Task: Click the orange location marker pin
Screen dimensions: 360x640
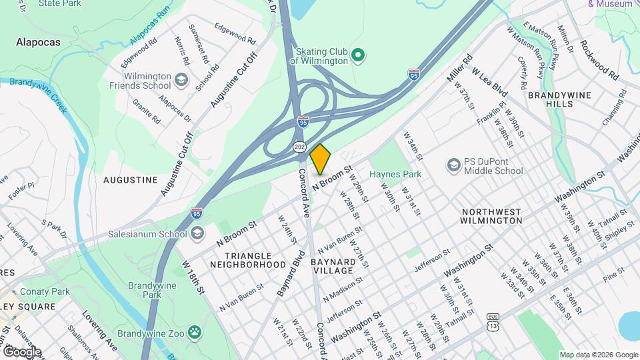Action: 321,159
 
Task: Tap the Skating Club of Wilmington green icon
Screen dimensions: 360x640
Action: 357,55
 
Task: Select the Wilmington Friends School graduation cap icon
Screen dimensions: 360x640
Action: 181,81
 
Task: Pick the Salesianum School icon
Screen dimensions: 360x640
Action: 197,233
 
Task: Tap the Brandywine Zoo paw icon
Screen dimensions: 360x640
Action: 194,331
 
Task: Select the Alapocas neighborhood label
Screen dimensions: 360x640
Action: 38,42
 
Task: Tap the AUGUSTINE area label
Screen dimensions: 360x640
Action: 131,180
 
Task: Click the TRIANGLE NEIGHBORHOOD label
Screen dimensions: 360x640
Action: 248,260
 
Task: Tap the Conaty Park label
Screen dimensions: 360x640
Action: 45,291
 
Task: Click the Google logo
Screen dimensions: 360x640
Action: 21,352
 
